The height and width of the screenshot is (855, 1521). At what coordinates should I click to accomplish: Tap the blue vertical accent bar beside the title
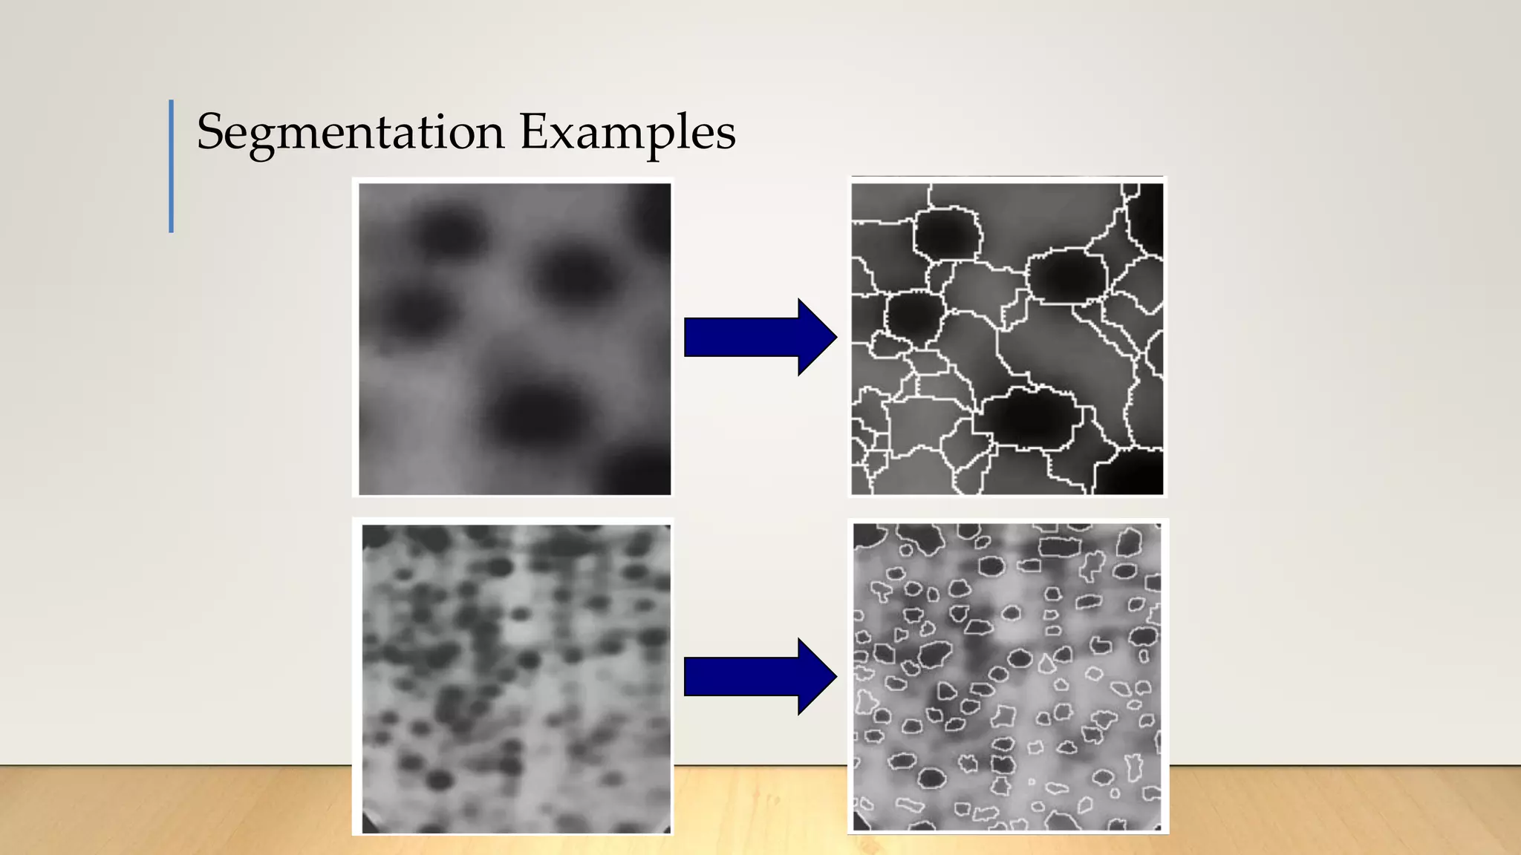[x=172, y=166]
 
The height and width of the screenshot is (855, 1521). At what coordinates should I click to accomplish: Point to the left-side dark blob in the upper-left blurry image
[x=416, y=312]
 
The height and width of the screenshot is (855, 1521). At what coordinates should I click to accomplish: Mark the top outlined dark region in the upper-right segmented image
[x=947, y=234]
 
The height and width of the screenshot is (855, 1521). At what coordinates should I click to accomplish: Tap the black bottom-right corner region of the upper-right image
[x=1133, y=471]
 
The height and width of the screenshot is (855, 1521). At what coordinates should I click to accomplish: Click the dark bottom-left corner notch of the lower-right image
[x=860, y=822]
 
